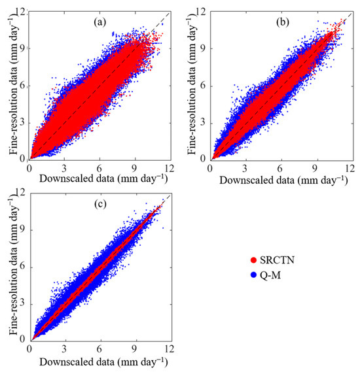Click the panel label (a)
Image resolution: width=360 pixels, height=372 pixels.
(99, 22)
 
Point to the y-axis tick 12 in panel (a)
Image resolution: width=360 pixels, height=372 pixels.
(21, 12)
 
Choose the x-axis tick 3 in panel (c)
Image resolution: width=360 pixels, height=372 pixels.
(64, 347)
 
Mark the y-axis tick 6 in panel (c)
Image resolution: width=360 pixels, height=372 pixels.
(24, 266)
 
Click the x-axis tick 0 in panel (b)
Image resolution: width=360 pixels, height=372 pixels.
(209, 167)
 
